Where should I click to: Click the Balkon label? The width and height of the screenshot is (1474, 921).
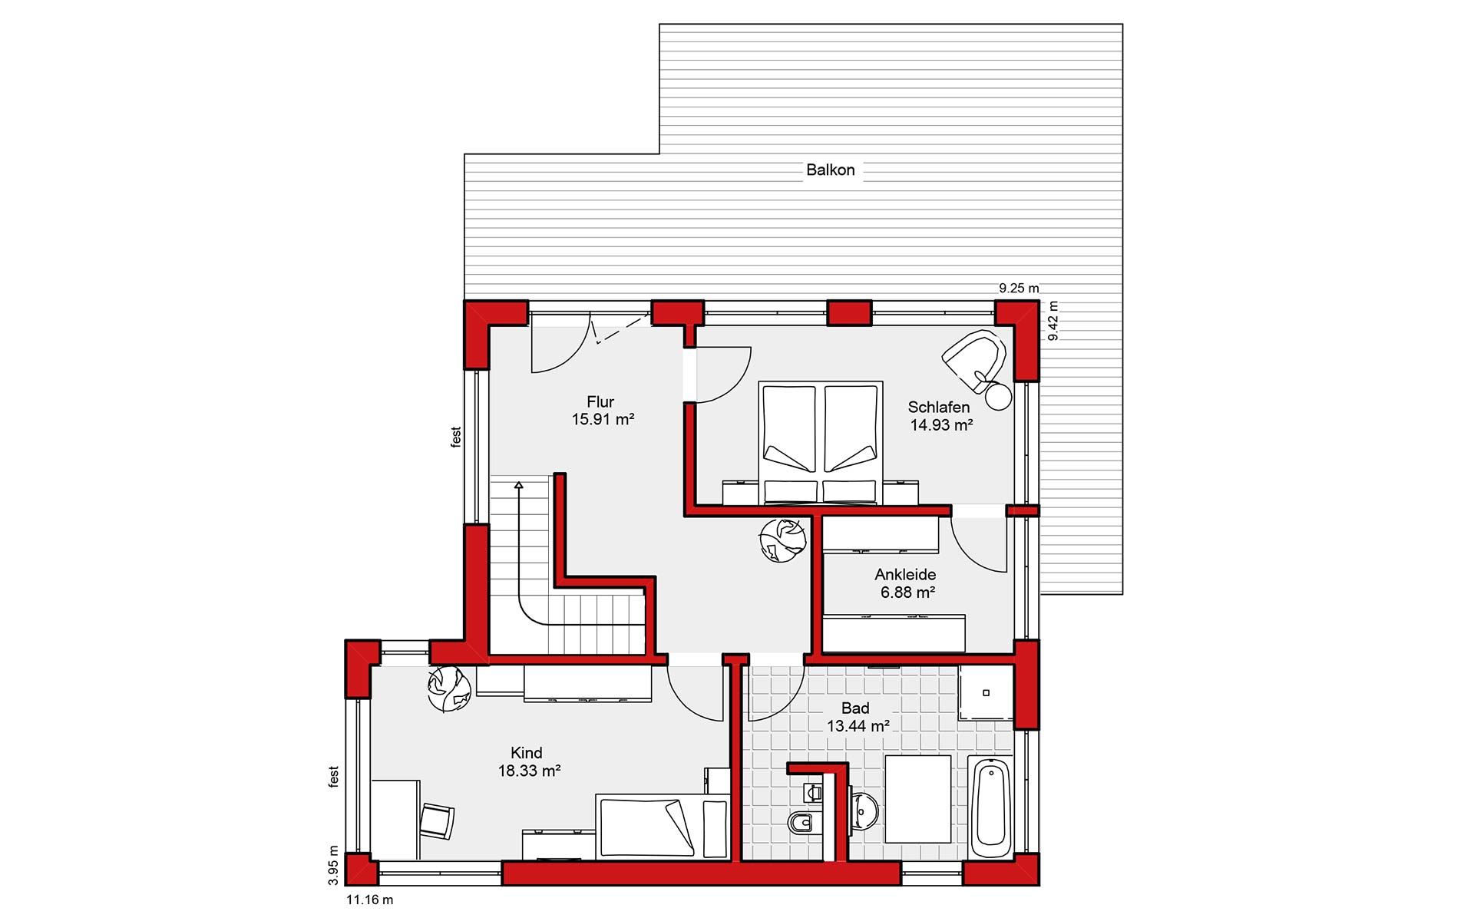coord(830,170)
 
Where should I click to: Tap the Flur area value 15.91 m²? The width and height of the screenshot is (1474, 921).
coord(603,419)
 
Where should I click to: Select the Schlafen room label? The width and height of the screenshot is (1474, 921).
coord(939,407)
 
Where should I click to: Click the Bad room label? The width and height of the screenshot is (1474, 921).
coord(855,708)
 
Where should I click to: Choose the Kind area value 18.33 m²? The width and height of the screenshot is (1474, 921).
coord(529,771)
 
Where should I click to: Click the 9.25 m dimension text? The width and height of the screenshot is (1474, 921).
coord(1019,289)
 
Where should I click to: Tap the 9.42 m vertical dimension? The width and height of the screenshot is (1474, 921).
coord(1053,321)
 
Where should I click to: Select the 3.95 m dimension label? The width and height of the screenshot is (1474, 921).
coord(333,865)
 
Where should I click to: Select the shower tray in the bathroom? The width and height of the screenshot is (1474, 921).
coord(986,692)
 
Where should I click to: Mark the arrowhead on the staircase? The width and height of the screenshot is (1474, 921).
coord(519,485)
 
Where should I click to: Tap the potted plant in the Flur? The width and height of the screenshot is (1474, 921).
coord(782,539)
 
